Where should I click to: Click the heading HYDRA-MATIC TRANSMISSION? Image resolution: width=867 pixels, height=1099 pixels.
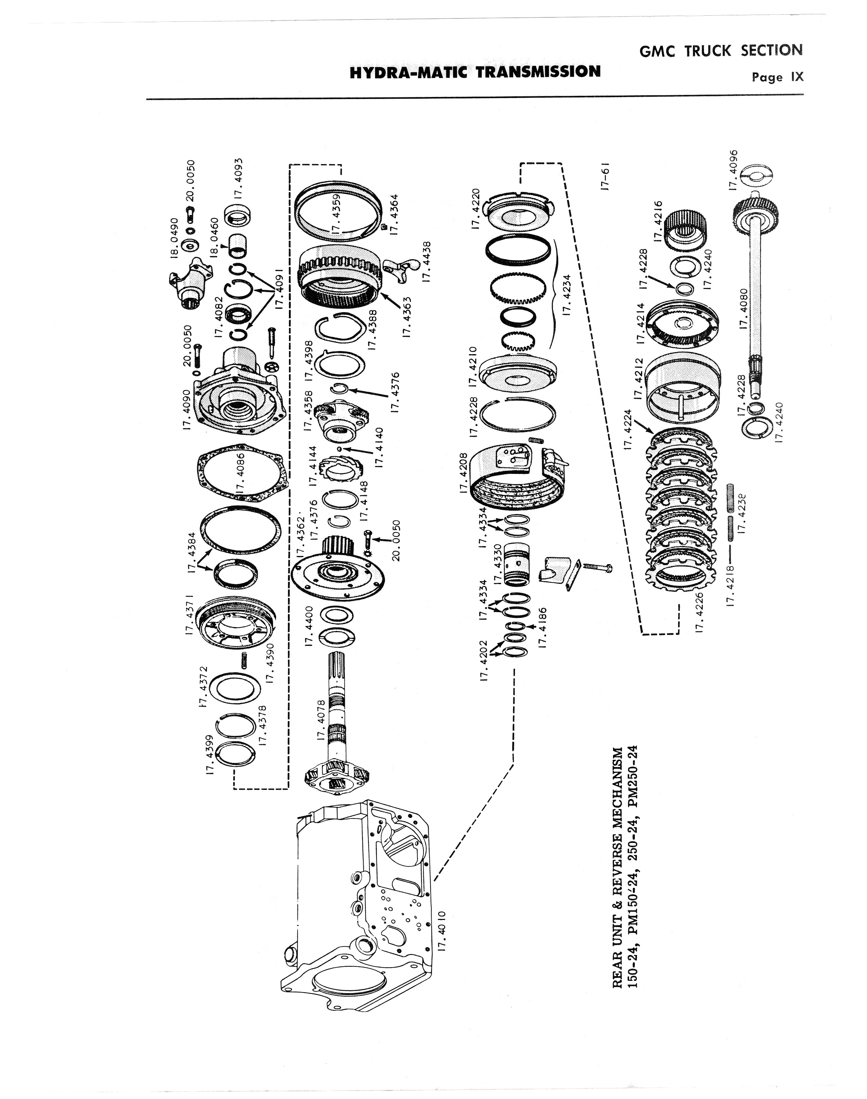[x=475, y=71]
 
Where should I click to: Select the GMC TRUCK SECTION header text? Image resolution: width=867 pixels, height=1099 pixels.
[x=721, y=50]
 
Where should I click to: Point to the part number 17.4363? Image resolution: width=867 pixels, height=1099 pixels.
[x=406, y=317]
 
